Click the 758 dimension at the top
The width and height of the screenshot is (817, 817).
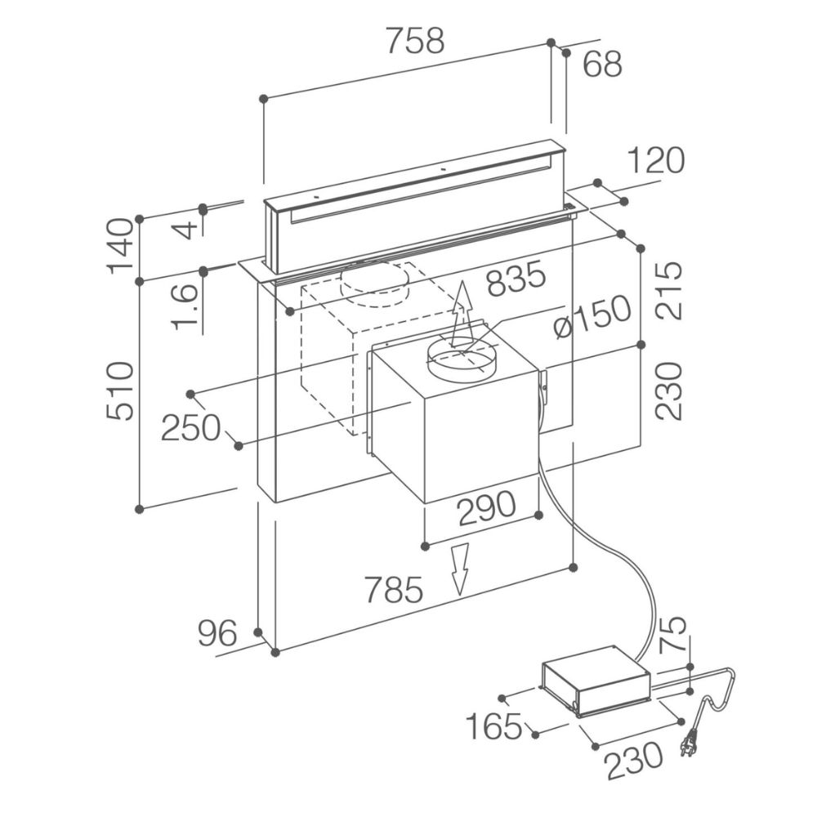pyautogui.click(x=416, y=40)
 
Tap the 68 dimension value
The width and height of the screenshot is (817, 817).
pyautogui.click(x=603, y=64)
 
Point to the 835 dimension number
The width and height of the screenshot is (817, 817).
pyautogui.click(x=515, y=280)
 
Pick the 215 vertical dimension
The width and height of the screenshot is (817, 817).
pyautogui.click(x=669, y=290)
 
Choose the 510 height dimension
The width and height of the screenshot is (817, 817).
pyautogui.click(x=120, y=391)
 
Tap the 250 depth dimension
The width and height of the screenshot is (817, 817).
pyautogui.click(x=190, y=426)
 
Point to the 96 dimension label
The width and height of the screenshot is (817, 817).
pyautogui.click(x=217, y=633)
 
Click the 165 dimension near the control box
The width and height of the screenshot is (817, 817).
pyautogui.click(x=493, y=725)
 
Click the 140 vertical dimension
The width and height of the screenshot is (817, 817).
pyautogui.click(x=120, y=245)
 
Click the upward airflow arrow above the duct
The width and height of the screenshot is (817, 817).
pyautogui.click(x=462, y=315)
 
